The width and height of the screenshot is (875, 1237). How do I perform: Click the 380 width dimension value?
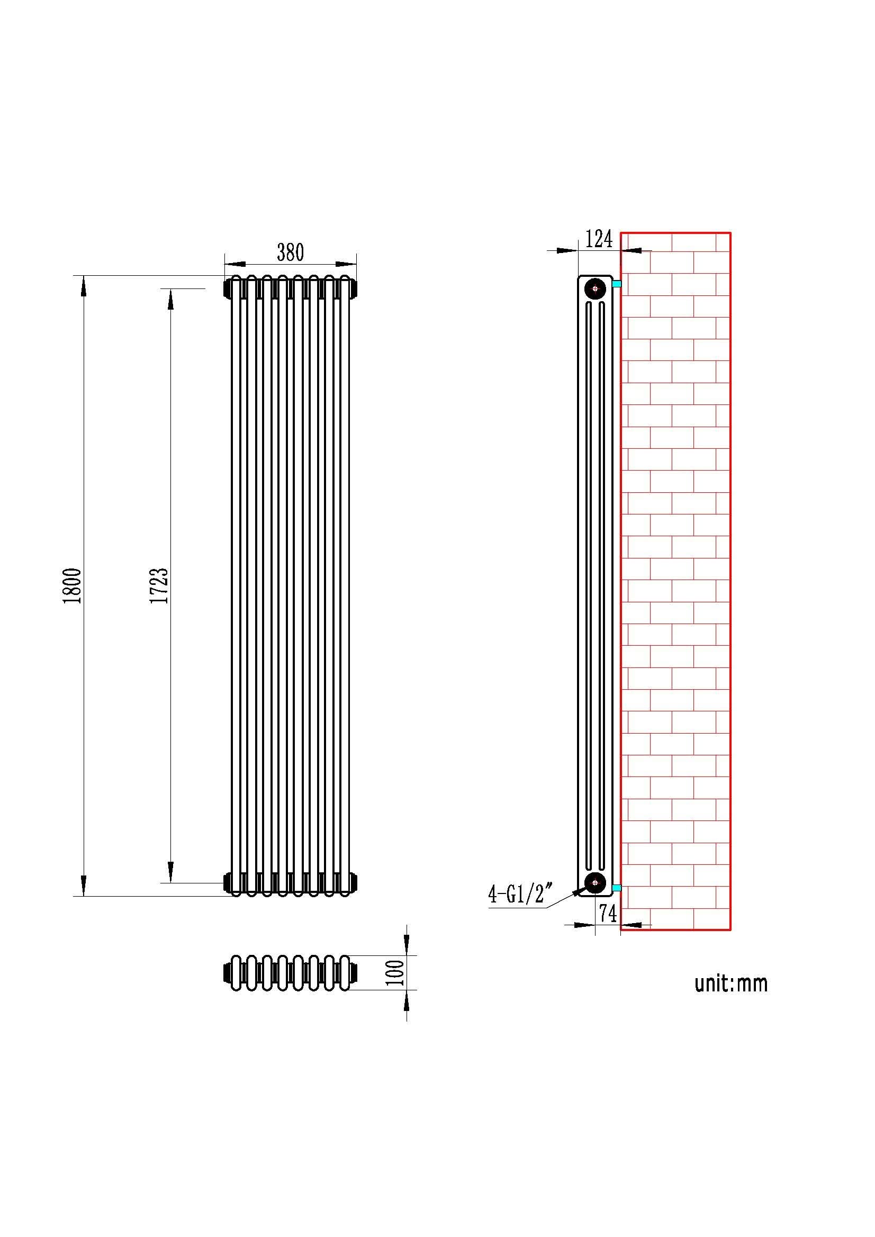[291, 252]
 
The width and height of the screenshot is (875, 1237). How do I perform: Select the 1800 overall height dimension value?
[72, 585]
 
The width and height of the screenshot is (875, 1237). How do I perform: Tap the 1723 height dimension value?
[159, 585]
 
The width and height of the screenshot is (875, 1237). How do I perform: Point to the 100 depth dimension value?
[396, 972]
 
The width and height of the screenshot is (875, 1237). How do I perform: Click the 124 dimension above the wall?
[599, 239]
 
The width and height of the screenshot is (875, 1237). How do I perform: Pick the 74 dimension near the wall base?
[608, 913]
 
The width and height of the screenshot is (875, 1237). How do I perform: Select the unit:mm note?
[731, 983]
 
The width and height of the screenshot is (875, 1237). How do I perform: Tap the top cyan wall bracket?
[617, 284]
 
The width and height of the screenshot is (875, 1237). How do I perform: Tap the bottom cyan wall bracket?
[617, 887]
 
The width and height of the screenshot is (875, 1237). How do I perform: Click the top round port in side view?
[595, 289]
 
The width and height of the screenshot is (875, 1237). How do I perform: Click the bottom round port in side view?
[595, 882]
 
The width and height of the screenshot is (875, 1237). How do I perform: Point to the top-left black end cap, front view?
[228, 289]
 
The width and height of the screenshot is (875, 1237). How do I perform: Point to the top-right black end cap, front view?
[354, 289]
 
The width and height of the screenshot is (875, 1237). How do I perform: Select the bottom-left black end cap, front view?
[228, 882]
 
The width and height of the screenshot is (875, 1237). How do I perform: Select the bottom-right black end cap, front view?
[354, 882]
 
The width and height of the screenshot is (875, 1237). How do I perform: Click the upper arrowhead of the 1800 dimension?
[84, 285]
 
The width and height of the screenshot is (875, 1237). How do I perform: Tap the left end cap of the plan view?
[228, 972]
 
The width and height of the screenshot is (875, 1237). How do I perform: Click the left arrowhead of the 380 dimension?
[235, 264]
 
